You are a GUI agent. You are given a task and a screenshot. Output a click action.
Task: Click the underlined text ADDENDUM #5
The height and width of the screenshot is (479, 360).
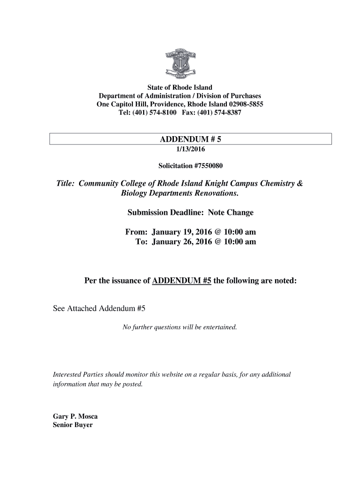pyautogui.click(x=182, y=281)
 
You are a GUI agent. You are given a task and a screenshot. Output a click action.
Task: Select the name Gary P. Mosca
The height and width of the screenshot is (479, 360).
pyautogui.click(x=75, y=416)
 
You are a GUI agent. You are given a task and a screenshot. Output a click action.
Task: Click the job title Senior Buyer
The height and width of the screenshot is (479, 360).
pyautogui.click(x=72, y=425)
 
